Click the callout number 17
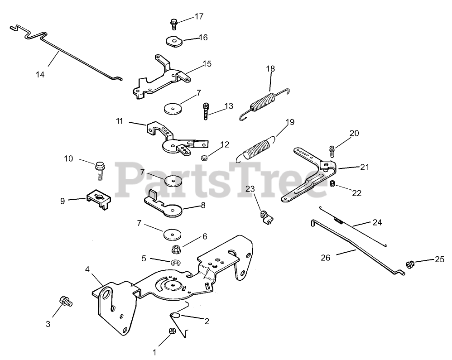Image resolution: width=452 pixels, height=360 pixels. click(199, 16)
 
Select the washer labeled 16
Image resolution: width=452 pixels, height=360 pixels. click(173, 41)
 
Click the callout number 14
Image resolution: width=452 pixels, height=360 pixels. click(40, 75)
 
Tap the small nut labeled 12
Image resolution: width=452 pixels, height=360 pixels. click(204, 158)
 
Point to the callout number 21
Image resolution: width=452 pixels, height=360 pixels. click(365, 167)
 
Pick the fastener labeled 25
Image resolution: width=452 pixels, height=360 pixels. click(409, 264)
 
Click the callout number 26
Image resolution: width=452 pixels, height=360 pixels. click(325, 258)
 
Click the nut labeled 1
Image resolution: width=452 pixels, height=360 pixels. click(172, 331)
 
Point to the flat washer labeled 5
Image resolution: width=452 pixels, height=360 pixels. click(175, 263)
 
